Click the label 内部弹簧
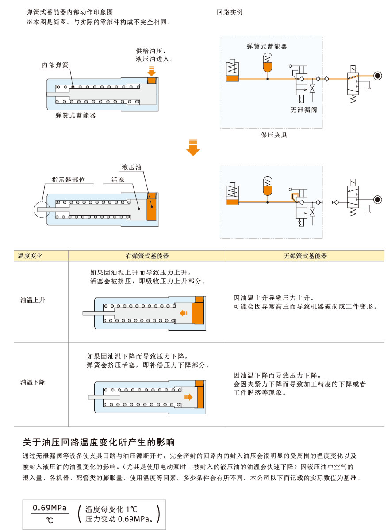[55, 65]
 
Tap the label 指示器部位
[68, 180]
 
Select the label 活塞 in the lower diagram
[117, 180]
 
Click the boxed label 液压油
[132, 167]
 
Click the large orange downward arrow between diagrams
[193, 148]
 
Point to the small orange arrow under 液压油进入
[151, 70]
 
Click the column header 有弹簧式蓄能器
[147, 256]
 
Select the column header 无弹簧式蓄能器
[305, 256]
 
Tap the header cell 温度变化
[30, 256]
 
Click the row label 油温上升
[33, 300]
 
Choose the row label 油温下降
[33, 382]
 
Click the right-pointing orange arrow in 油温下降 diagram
[188, 397]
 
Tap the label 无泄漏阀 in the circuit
[303, 110]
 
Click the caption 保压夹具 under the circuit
[274, 135]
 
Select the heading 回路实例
[230, 12]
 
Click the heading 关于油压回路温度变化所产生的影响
[99, 442]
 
